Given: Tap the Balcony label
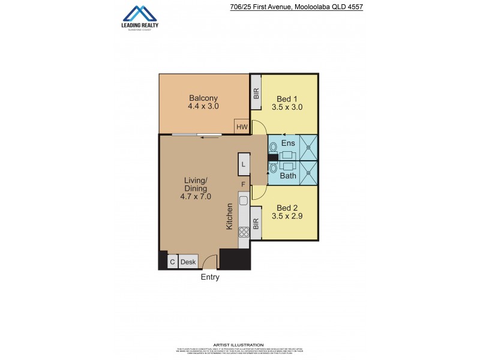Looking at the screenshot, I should pyautogui.click(x=203, y=98).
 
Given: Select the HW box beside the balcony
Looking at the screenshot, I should pyautogui.click(x=242, y=127).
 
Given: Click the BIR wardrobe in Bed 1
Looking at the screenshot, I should pyautogui.click(x=256, y=93).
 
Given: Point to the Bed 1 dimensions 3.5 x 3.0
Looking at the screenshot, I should pyautogui.click(x=287, y=107).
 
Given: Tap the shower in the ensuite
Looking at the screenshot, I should pyautogui.click(x=308, y=147).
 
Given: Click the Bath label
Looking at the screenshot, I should pyautogui.click(x=288, y=176).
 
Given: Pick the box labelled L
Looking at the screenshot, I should pyautogui.click(x=243, y=164).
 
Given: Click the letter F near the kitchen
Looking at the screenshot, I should pyautogui.click(x=243, y=184).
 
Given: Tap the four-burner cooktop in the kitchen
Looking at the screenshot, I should pyautogui.click(x=244, y=231).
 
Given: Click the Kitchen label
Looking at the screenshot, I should pyautogui.click(x=230, y=216).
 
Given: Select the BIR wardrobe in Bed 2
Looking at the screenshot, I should pyautogui.click(x=256, y=224).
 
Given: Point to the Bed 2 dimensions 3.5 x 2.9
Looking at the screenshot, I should pyautogui.click(x=287, y=215).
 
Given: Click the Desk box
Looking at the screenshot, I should pyautogui.click(x=188, y=262).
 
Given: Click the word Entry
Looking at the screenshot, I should pyautogui.click(x=210, y=277).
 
